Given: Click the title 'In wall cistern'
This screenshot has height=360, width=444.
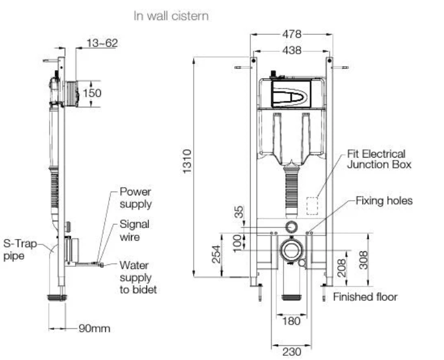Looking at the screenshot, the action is [x=171, y=16].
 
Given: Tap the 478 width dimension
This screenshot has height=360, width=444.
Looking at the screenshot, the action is [x=292, y=34].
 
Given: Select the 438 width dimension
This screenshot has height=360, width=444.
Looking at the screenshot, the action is [x=292, y=50].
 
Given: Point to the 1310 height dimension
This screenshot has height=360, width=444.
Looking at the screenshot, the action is [x=187, y=161].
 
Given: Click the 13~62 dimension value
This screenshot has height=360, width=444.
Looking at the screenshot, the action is [x=102, y=43].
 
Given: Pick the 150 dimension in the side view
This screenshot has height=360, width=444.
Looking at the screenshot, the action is [x=92, y=93].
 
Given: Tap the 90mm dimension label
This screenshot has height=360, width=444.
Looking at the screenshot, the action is [x=94, y=329].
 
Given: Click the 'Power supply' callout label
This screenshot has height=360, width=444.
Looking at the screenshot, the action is [x=136, y=198].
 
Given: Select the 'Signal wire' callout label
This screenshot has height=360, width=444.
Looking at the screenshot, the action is [x=134, y=230].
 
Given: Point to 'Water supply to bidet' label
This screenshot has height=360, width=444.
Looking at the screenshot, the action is [x=138, y=277].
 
